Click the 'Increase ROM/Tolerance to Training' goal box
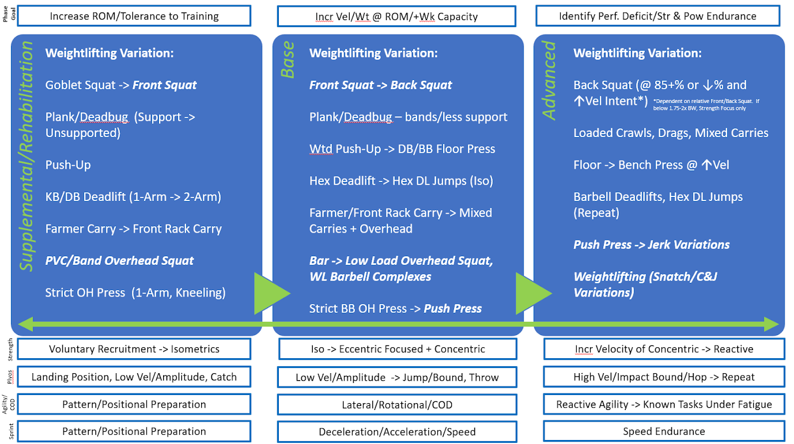click(x=134, y=16)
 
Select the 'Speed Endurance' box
click(x=664, y=431)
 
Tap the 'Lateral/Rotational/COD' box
click(x=398, y=405)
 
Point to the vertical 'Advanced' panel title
click(x=550, y=80)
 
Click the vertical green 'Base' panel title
click(x=287, y=60)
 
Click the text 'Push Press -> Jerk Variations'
click(x=651, y=245)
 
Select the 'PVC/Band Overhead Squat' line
click(x=119, y=261)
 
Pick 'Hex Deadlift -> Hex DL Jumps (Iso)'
click(x=401, y=181)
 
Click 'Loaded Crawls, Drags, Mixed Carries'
click(x=671, y=133)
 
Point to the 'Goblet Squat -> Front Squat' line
click(x=121, y=85)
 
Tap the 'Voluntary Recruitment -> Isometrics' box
click(x=134, y=349)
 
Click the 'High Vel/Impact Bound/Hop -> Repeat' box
click(x=664, y=377)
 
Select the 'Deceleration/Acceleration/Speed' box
click(x=398, y=432)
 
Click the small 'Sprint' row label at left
click(x=10, y=431)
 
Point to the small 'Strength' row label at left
click(x=10, y=349)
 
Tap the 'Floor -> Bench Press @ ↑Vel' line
click(x=651, y=165)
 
